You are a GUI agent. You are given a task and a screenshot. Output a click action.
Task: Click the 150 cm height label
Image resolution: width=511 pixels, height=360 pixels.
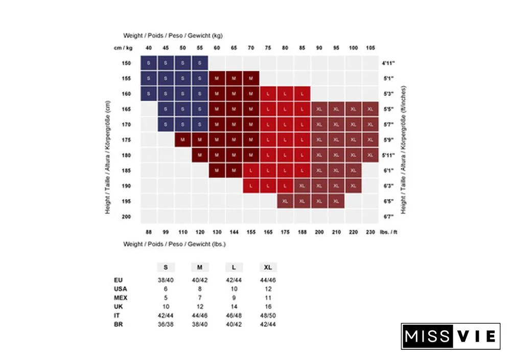(x=126, y=63)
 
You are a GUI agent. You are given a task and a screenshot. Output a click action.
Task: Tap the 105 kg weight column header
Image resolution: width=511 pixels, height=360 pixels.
(x=370, y=48)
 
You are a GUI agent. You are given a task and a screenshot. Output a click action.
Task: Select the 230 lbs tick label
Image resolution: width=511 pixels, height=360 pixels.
(x=370, y=232)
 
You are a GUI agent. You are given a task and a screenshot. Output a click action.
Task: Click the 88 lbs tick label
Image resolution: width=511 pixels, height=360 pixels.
(x=149, y=232)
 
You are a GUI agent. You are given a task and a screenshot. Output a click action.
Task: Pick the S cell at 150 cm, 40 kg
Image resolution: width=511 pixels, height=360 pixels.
(x=149, y=63)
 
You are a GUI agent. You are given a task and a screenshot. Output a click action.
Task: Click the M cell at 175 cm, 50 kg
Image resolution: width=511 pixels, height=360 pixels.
(x=183, y=139)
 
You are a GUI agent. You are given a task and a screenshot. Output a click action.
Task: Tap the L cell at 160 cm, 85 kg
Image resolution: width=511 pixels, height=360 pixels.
(x=302, y=94)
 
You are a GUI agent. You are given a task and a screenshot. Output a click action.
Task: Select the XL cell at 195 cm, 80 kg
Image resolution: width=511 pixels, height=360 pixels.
(x=285, y=201)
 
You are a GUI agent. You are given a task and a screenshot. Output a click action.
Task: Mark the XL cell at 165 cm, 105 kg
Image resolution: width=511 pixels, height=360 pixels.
(x=370, y=109)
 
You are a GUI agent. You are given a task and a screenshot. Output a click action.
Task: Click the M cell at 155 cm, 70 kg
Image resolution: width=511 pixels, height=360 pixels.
(x=251, y=79)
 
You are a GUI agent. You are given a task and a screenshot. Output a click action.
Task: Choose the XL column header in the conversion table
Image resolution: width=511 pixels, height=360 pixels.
(x=268, y=268)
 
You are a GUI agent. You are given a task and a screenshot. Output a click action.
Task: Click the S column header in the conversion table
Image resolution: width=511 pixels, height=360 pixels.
(x=165, y=268)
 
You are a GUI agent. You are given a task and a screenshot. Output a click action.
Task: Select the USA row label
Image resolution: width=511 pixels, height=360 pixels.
(x=121, y=289)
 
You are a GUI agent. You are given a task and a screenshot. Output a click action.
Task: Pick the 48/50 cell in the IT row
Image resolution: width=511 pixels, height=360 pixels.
(x=268, y=315)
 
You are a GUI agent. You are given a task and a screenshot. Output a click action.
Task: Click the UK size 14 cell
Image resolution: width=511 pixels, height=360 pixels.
(x=234, y=306)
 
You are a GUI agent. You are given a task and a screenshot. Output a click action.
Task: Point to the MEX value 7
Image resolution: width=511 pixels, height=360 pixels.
(x=199, y=298)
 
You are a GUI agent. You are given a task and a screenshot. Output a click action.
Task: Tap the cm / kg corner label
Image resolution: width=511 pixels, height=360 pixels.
(x=123, y=48)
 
